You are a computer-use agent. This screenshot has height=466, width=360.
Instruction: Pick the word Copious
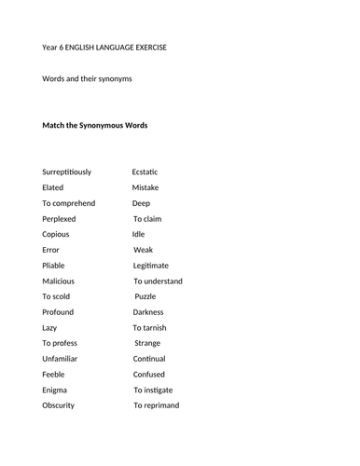(x=56, y=234)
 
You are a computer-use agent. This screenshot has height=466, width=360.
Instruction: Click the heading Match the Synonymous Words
(x=95, y=125)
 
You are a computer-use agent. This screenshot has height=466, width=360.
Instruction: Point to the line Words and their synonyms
(x=88, y=79)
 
